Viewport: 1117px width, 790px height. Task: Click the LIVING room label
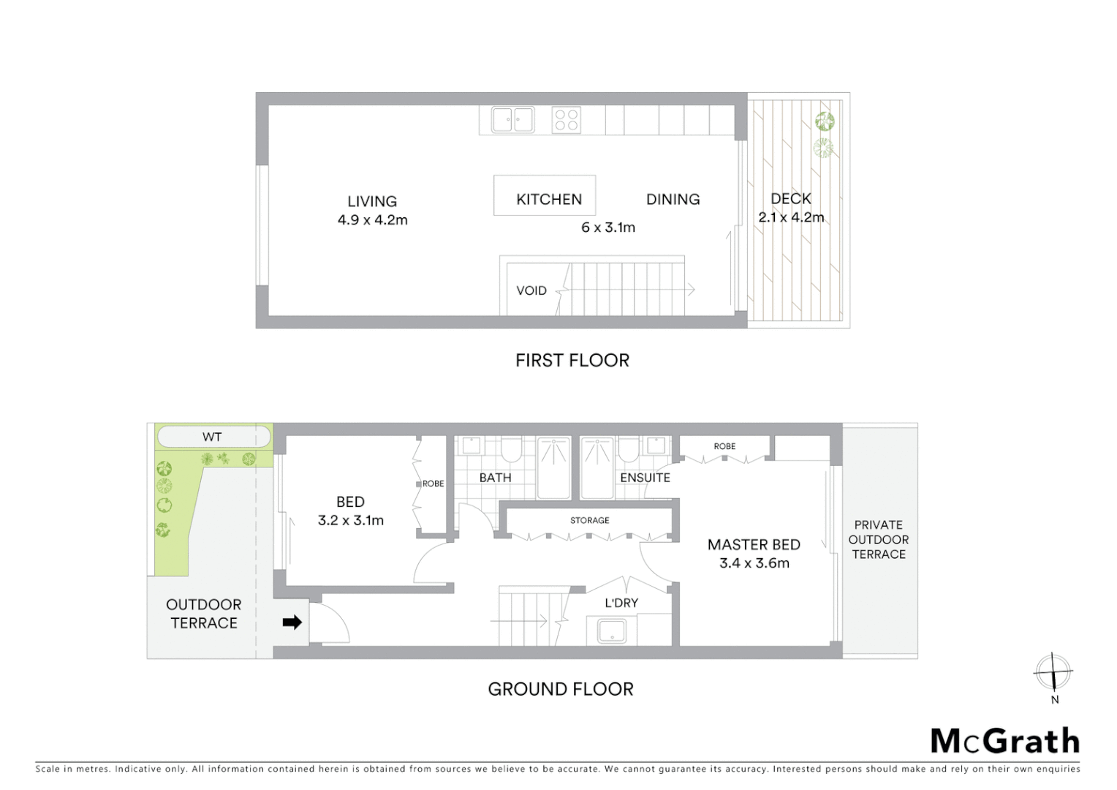coord(372,201)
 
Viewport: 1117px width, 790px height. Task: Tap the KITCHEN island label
coord(549,199)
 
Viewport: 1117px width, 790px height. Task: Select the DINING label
coord(673,199)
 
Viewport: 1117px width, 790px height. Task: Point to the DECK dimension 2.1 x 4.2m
coord(791,217)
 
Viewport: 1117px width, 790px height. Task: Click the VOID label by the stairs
coord(531,290)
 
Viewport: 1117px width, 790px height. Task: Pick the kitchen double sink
coord(512,120)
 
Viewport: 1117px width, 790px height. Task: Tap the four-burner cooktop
coord(567,120)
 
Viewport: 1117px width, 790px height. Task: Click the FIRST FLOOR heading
coord(572,360)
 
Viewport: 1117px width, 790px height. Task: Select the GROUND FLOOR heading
coord(561,689)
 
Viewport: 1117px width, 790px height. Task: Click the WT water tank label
coord(212,437)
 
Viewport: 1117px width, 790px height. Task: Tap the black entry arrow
coord(292,622)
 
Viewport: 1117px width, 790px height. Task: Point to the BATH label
coord(495,478)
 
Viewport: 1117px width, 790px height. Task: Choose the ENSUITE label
coord(645,478)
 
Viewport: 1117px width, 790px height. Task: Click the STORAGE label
coord(589,520)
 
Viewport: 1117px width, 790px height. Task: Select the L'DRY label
coord(621,603)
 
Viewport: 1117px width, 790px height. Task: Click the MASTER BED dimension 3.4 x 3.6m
coord(754,563)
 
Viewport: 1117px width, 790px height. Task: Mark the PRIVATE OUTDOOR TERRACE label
coord(879,539)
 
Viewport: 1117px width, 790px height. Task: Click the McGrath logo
coord(1005,741)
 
